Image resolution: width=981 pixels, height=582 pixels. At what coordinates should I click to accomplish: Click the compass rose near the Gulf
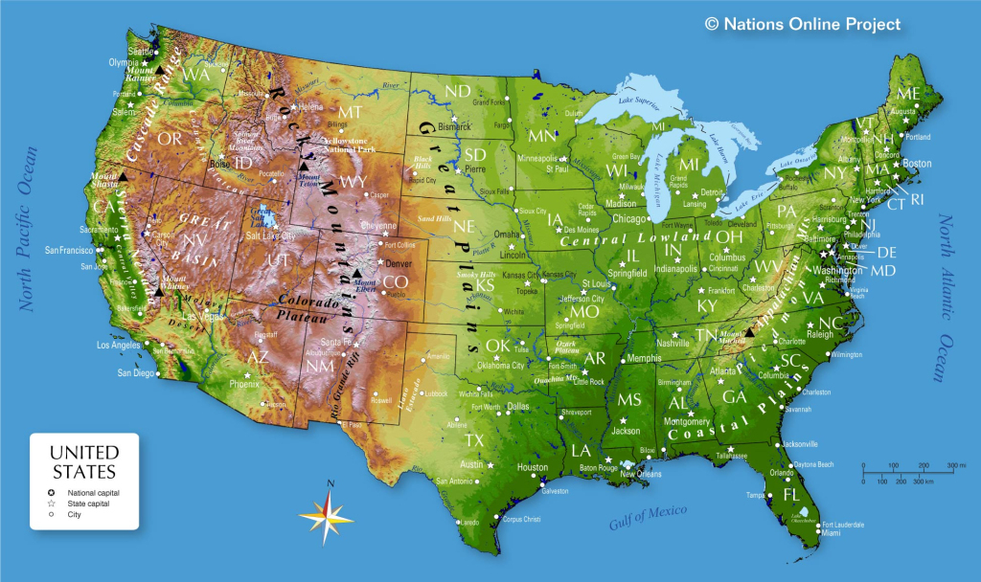[x=327, y=514]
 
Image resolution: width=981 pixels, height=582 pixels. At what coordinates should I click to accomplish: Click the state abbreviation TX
[x=474, y=440]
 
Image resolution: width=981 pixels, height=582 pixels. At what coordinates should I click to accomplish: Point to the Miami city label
[x=832, y=534]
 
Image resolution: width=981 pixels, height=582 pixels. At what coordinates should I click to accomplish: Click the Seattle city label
[x=141, y=52]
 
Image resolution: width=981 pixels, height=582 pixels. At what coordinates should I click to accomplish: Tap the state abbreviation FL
[x=791, y=495]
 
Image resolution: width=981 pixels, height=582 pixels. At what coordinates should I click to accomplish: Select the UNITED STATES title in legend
[x=84, y=461]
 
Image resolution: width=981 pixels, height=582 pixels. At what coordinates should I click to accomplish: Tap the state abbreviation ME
[x=907, y=93]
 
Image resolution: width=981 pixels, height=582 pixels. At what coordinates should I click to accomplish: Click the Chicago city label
[x=629, y=218]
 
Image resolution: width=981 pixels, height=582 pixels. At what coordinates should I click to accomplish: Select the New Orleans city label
[x=641, y=474]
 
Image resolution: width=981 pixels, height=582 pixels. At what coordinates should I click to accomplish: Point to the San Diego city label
[x=135, y=372]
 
